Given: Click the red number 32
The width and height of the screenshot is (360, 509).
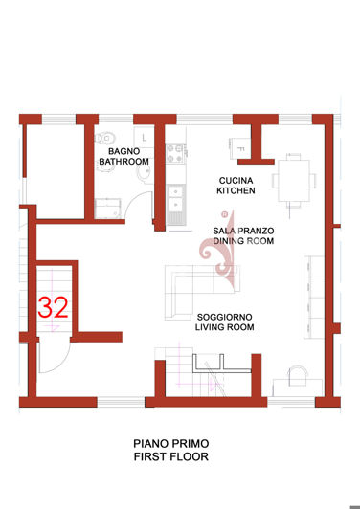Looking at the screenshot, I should point(53,307).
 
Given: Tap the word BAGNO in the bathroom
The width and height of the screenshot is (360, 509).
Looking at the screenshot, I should point(124,151).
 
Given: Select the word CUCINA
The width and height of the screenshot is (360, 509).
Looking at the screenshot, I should point(236,180).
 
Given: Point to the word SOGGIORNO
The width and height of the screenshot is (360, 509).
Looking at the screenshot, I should point(224,317).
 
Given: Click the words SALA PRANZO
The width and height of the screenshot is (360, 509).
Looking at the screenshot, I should point(243,231).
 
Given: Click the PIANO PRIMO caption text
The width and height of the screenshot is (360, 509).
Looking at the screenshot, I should point(170,444).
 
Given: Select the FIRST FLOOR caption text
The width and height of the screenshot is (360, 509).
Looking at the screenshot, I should point(170,457).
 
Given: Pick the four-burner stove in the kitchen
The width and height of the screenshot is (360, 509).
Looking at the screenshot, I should point(175,150).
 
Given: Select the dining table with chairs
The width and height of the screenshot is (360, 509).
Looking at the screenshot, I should point(293,180).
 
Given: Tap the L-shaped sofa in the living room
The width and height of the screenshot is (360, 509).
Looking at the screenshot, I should point(197,279).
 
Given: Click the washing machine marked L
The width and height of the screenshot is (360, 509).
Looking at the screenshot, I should point(140,136).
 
